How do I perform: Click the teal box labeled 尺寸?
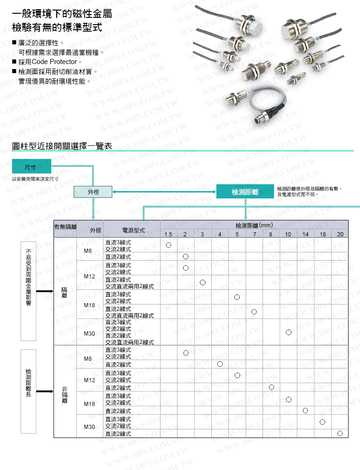point(31,165)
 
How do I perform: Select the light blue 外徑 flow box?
point(93,192)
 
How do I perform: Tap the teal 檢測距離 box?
point(245,192)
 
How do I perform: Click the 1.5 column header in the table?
point(168,235)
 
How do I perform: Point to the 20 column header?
point(340,235)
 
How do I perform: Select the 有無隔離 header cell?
point(65,227)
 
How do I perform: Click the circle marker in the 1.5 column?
point(168,245)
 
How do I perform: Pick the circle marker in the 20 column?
point(340,433)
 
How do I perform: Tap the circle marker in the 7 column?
point(254,312)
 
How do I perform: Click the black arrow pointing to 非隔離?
point(45,391)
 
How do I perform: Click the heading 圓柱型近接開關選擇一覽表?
point(62,146)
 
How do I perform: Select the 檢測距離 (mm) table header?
point(254,225)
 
